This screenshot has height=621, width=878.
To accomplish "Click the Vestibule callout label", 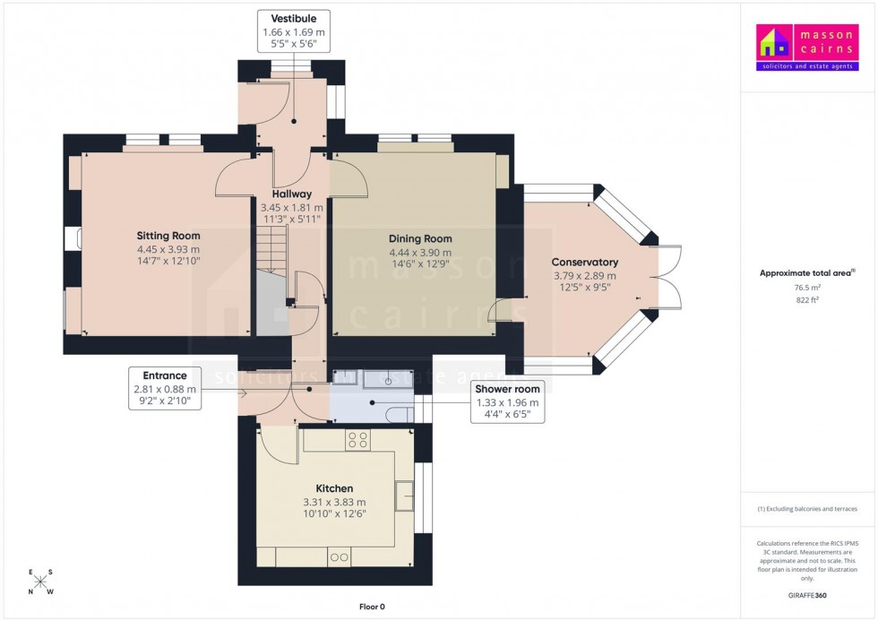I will tap(294, 30).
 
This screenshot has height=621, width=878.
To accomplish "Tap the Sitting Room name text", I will tap(168, 236).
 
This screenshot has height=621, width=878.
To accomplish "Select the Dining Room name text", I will tap(420, 238).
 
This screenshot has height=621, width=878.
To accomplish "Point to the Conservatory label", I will tap(585, 262).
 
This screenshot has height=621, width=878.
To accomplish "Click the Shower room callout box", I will tap(507, 402).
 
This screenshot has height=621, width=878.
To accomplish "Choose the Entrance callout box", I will tap(164, 389).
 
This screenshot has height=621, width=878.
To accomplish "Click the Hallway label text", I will tap(292, 194).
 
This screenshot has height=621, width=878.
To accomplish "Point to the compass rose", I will tap(40, 582).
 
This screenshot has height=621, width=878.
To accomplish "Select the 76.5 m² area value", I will tap(807, 288).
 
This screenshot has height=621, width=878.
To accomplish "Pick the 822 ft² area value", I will tap(807, 300).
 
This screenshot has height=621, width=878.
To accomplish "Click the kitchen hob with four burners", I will tap(358, 439).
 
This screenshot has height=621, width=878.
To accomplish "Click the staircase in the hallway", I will tap(274, 246).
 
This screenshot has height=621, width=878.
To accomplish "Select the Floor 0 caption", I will tap(372, 607).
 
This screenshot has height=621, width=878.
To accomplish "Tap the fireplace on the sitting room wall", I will tap(73, 239).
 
